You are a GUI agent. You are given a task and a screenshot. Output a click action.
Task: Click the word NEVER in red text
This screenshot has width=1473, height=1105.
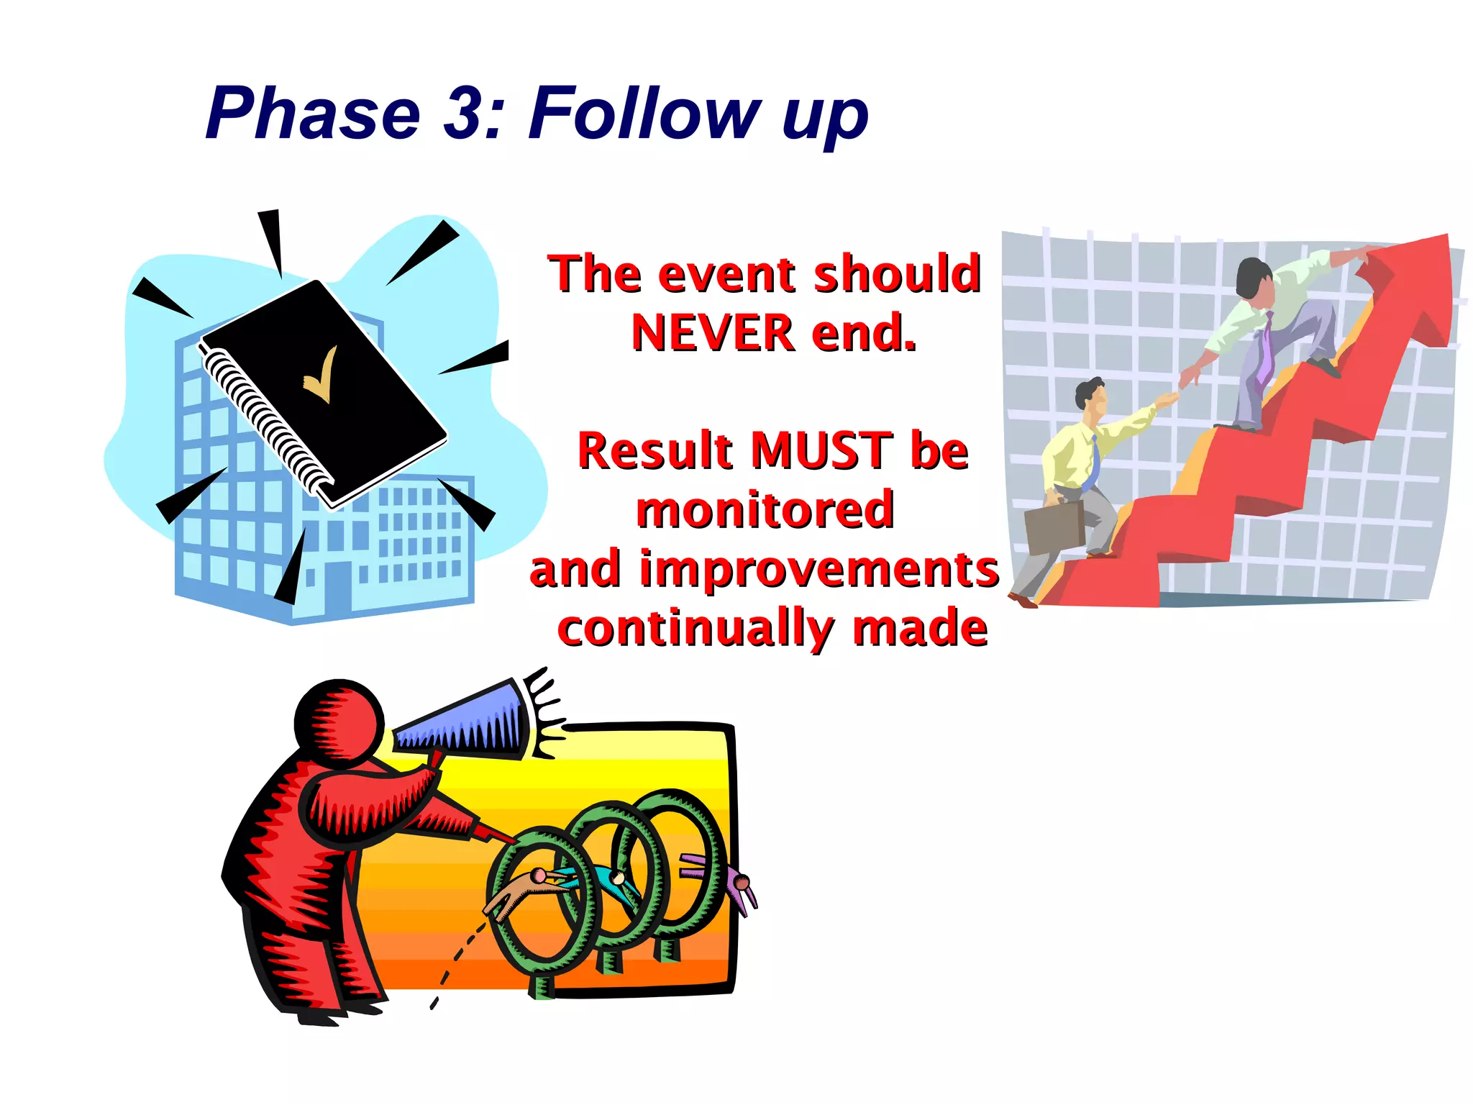click(712, 333)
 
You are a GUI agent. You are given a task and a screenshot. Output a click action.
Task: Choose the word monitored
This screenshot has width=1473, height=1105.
click(765, 510)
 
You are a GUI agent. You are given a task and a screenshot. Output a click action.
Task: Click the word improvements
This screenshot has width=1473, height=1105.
click(819, 570)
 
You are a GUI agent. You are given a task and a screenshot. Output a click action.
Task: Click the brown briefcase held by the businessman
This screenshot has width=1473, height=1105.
click(1054, 528)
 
